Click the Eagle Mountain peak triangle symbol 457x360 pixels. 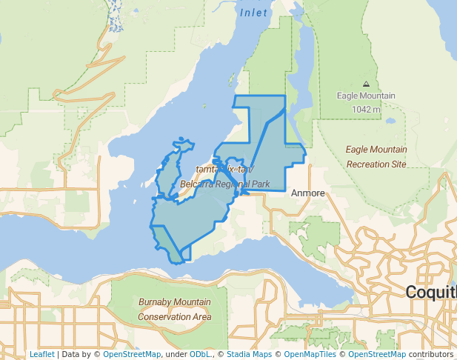(x=366, y=84)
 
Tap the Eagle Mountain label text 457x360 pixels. (x=366, y=96)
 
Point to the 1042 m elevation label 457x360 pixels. (x=366, y=109)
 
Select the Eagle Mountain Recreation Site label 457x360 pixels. (x=376, y=156)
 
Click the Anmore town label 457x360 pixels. (x=308, y=193)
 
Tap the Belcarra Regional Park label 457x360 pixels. (x=223, y=184)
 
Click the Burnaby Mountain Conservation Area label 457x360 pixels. (x=174, y=310)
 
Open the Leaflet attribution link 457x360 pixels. (x=41, y=354)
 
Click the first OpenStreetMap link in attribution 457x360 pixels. (x=132, y=354)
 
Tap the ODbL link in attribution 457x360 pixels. (x=200, y=354)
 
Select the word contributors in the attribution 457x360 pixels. (x=430, y=354)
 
